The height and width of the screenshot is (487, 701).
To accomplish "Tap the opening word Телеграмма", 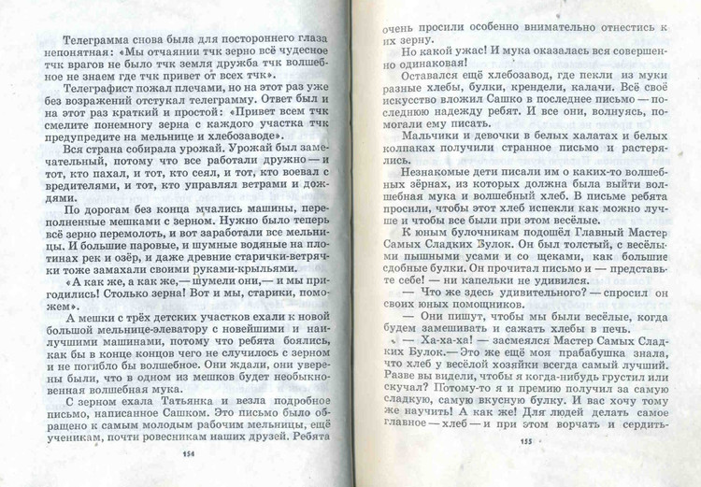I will [x=97, y=40].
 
